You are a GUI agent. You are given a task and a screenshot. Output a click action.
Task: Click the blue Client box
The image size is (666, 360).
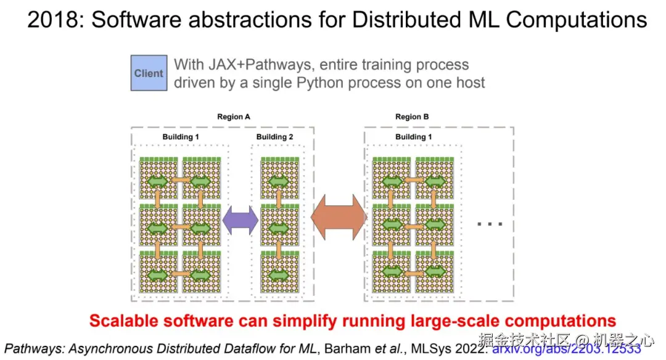149,73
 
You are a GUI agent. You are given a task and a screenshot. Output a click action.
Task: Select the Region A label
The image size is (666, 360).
233,117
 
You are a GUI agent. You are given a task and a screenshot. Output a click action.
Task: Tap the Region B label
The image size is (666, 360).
412,117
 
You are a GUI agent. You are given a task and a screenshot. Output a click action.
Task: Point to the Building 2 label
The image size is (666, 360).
275,137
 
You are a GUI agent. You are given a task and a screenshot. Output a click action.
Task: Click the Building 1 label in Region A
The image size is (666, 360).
181,137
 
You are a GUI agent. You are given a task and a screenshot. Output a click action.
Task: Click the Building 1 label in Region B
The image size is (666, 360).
414,137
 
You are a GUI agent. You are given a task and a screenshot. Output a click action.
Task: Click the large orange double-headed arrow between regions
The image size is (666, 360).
339,218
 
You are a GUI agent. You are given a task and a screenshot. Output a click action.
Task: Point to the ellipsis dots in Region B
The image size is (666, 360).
490,224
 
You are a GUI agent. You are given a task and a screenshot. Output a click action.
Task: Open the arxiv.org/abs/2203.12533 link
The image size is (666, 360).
565,348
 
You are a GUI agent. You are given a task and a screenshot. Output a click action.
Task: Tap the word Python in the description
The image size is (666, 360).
295,82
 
